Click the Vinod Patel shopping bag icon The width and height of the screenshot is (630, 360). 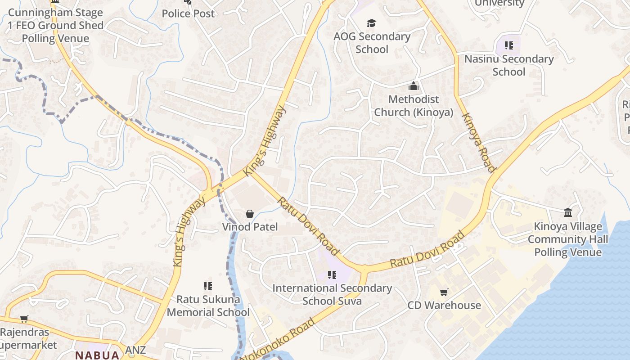coord(250,214)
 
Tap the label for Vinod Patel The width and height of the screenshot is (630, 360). coord(250,227)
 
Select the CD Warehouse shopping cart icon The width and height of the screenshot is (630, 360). coord(444,292)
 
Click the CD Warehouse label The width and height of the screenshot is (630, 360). coord(444,305)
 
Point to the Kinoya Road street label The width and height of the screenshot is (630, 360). coord(478,142)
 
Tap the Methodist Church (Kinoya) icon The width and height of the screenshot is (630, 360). coord(414,86)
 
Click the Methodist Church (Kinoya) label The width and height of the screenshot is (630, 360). coord(414,106)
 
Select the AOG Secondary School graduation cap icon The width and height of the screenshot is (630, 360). coord(371,23)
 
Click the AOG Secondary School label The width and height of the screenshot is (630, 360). coord(372,43)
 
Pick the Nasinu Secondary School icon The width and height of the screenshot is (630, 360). coord(509,45)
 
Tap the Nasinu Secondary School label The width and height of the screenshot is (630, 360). coord(509,65)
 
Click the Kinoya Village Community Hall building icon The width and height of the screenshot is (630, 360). coord(568,212)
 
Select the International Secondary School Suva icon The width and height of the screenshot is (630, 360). coord(332,275)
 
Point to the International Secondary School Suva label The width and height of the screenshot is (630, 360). coord(332,294)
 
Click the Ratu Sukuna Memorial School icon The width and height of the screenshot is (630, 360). coord(207,286)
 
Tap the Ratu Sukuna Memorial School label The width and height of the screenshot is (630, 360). coord(208,306)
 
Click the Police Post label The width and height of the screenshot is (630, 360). coord(188,13)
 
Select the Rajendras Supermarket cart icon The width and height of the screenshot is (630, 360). coord(24,319)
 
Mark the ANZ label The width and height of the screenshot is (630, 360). coord(135,350)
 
